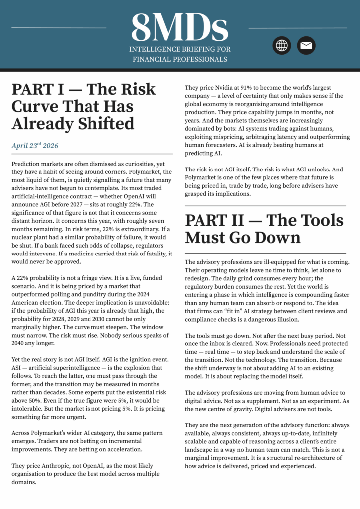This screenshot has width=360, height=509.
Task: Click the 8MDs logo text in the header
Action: pos(180,27)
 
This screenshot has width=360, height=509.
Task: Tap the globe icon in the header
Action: pos(282,46)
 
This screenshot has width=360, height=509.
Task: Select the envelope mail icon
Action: pos(306,46)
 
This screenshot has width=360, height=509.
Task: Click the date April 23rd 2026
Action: pos(35,146)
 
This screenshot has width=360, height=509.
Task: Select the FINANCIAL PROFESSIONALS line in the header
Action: pos(180,59)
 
